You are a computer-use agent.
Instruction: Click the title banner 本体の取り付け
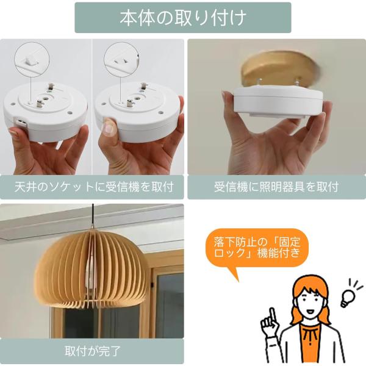(x=183, y=18)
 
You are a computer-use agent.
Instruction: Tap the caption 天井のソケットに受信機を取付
(x=94, y=187)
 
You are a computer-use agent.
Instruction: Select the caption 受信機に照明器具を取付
(x=276, y=187)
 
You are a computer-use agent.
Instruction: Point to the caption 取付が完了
(x=93, y=351)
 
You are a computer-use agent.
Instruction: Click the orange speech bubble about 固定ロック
(x=257, y=249)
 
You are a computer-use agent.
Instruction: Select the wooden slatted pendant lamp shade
(x=91, y=268)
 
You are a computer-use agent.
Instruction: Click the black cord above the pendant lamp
(x=93, y=217)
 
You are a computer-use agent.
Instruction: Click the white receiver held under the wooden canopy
(x=278, y=101)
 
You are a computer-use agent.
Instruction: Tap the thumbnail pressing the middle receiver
(x=108, y=128)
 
